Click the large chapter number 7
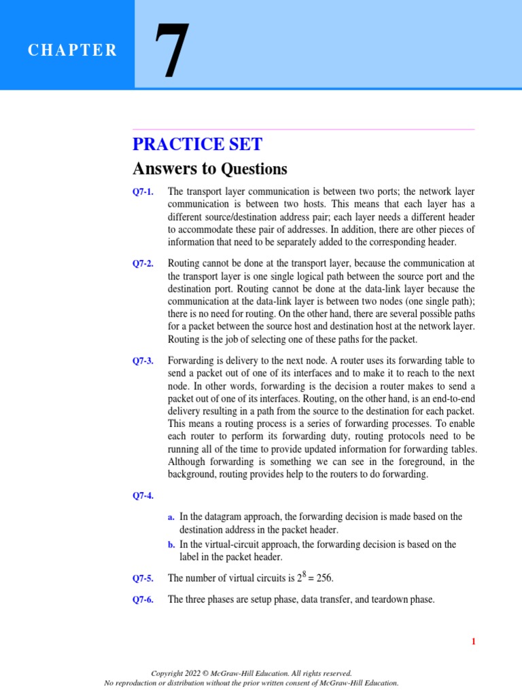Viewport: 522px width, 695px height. click(171, 52)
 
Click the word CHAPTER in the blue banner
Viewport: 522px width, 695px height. click(72, 51)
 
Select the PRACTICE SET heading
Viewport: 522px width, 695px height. click(197, 144)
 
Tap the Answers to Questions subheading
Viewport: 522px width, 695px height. click(210, 168)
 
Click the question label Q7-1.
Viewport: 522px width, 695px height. click(143, 192)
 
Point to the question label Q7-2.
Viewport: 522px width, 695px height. click(143, 263)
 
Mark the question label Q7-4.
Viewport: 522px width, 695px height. click(143, 495)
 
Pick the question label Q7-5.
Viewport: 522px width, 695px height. click(143, 579)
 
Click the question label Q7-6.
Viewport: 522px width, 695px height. click(143, 601)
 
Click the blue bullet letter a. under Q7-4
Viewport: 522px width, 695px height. click(171, 517)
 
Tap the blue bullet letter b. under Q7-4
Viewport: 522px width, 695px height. click(171, 544)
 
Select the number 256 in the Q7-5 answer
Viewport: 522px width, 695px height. click(324, 579)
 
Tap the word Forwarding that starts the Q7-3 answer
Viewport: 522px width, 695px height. click(190, 361)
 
